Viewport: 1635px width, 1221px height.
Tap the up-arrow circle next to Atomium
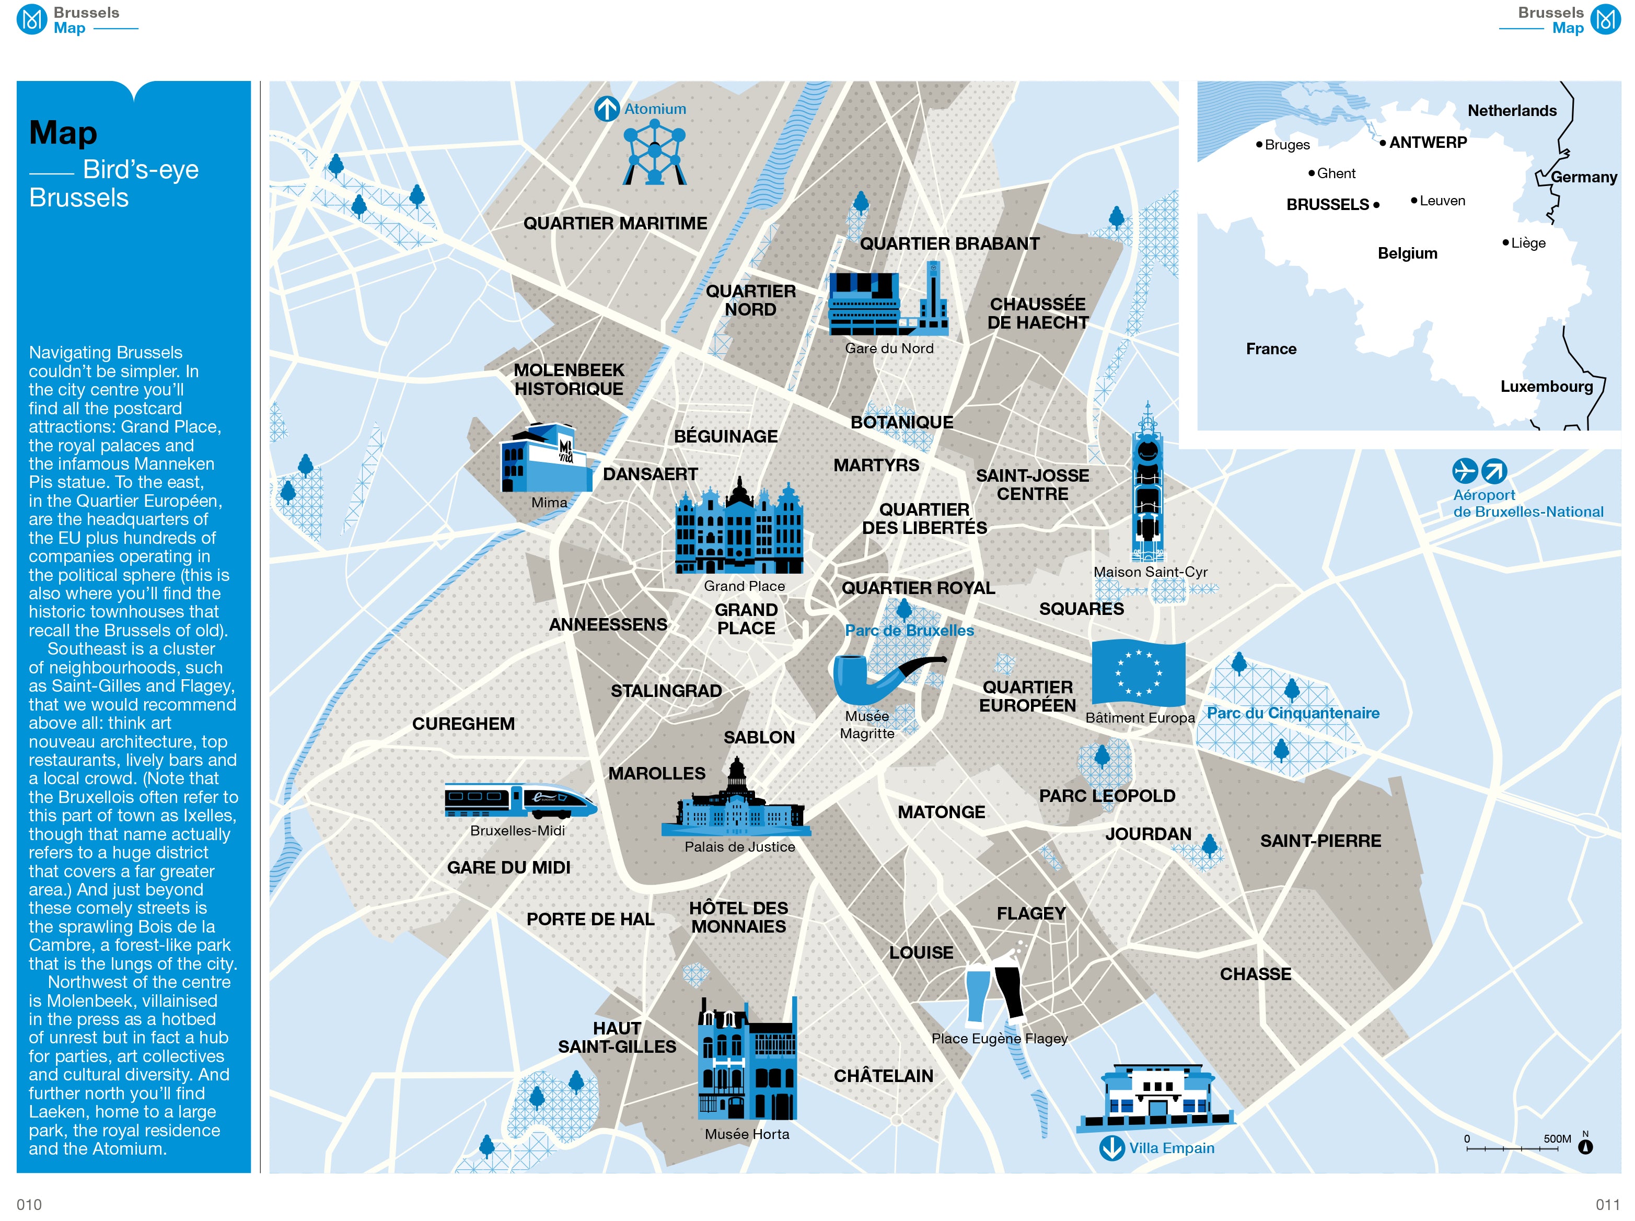(606, 109)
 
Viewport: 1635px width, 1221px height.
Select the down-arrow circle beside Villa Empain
(1111, 1148)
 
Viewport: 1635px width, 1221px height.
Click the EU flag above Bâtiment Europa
(1138, 672)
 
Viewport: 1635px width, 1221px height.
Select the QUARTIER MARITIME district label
(615, 223)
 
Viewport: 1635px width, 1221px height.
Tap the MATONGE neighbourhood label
(941, 812)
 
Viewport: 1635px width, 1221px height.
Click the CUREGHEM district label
(463, 724)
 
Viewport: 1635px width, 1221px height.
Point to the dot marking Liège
(1505, 242)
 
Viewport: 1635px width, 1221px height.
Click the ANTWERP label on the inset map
(1428, 143)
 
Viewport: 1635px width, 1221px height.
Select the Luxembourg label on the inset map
(1546, 387)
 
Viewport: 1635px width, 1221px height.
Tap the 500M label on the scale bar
(1557, 1139)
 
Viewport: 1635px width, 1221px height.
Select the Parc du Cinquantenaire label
(1293, 713)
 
